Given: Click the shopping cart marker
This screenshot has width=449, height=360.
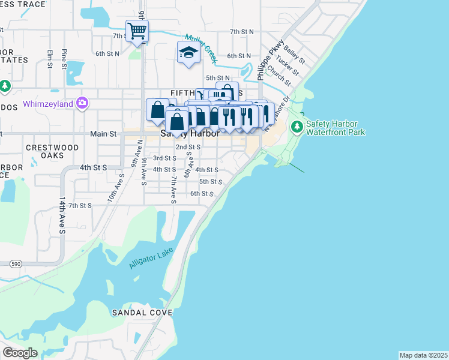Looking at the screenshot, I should point(137,31).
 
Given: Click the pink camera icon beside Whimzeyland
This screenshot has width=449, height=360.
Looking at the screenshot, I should point(82,103).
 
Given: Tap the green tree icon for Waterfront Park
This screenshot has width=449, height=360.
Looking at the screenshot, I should point(296,127).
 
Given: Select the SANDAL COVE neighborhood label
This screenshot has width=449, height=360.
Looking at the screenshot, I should point(142,313).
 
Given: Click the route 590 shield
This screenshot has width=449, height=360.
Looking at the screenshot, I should point(15,263).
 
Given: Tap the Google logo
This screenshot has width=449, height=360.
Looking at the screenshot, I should point(20,352).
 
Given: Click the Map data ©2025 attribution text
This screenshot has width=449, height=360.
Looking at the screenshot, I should point(423,355).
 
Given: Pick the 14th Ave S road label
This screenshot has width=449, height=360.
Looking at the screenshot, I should point(61,213).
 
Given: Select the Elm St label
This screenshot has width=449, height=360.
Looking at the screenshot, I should point(50,58).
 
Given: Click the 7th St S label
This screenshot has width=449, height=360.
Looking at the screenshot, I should point(80,205).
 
